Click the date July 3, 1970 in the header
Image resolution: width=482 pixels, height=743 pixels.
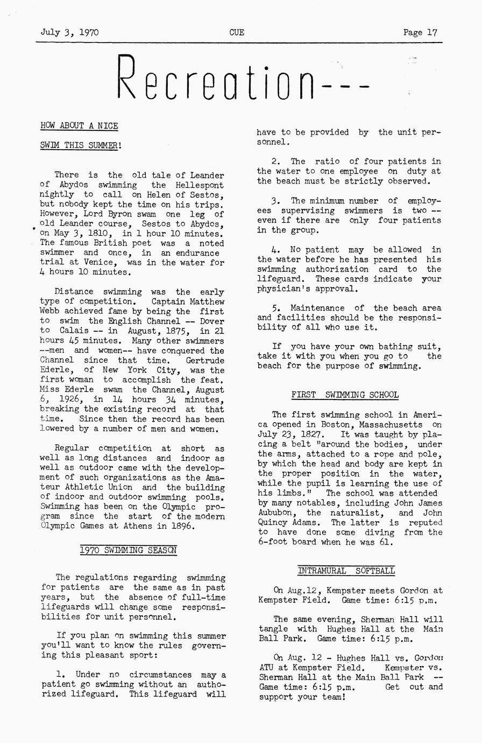69,32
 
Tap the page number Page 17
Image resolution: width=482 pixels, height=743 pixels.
420,32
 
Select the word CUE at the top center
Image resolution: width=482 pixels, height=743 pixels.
237,32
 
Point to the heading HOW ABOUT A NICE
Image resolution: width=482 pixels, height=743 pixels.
79,126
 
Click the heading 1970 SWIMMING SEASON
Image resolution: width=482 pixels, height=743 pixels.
129,550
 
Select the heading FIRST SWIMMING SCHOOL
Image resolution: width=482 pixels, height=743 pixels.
345,395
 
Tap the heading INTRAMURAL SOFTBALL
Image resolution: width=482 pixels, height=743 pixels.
346,571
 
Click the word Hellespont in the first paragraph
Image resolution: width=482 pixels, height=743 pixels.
199,185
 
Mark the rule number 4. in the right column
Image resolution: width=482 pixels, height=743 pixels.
275,250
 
